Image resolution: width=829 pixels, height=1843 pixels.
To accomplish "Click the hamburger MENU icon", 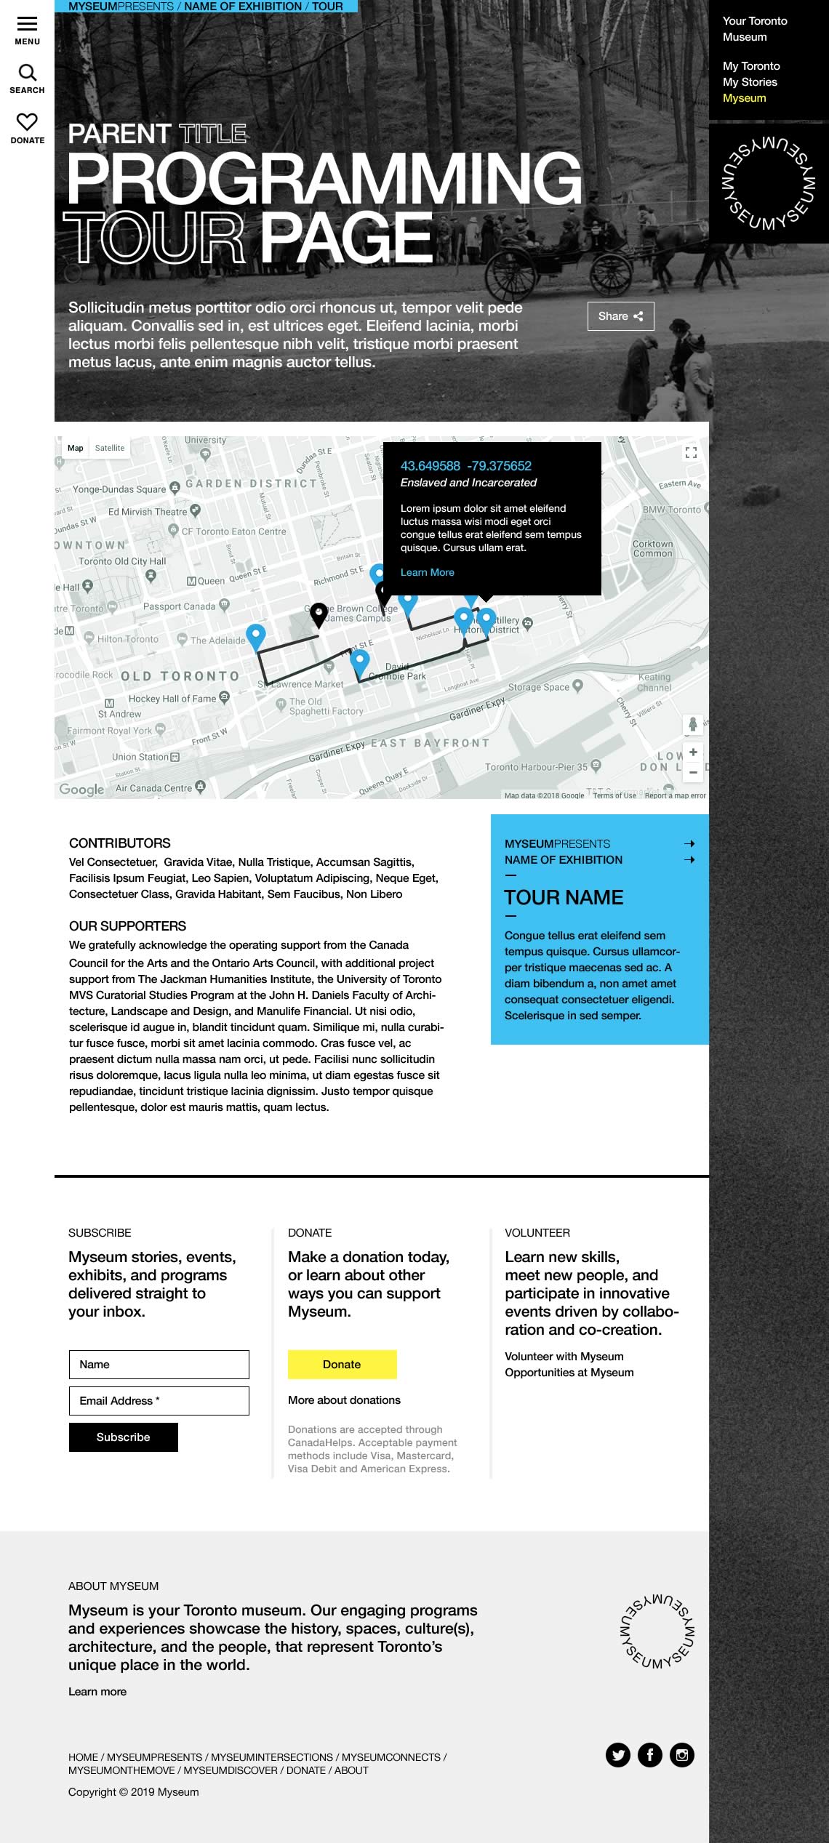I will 27,23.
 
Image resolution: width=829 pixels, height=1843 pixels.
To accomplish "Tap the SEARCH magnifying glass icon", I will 27,73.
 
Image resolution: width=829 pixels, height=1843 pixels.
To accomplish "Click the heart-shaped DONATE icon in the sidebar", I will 27,121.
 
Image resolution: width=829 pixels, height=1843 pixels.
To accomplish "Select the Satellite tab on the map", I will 110,448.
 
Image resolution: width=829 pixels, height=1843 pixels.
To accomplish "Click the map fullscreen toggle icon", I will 691,452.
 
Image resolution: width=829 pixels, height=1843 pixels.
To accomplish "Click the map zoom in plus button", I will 693,752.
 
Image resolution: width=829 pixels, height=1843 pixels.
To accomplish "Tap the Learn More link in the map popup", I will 427,572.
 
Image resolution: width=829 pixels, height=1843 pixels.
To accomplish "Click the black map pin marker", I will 319,614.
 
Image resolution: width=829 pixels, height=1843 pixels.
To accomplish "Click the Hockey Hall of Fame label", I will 172,699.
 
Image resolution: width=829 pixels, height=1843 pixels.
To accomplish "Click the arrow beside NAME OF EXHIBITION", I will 689,859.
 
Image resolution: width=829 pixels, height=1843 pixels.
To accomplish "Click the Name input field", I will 159,1365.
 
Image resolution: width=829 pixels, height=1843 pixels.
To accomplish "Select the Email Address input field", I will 159,1401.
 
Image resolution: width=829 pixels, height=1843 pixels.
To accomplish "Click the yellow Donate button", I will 342,1365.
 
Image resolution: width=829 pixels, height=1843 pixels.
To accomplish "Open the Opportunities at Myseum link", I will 569,1373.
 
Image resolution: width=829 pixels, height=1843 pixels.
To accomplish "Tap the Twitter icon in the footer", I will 618,1755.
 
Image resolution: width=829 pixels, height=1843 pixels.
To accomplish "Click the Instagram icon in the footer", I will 682,1755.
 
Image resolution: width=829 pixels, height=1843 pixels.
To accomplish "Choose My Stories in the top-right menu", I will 750,82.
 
